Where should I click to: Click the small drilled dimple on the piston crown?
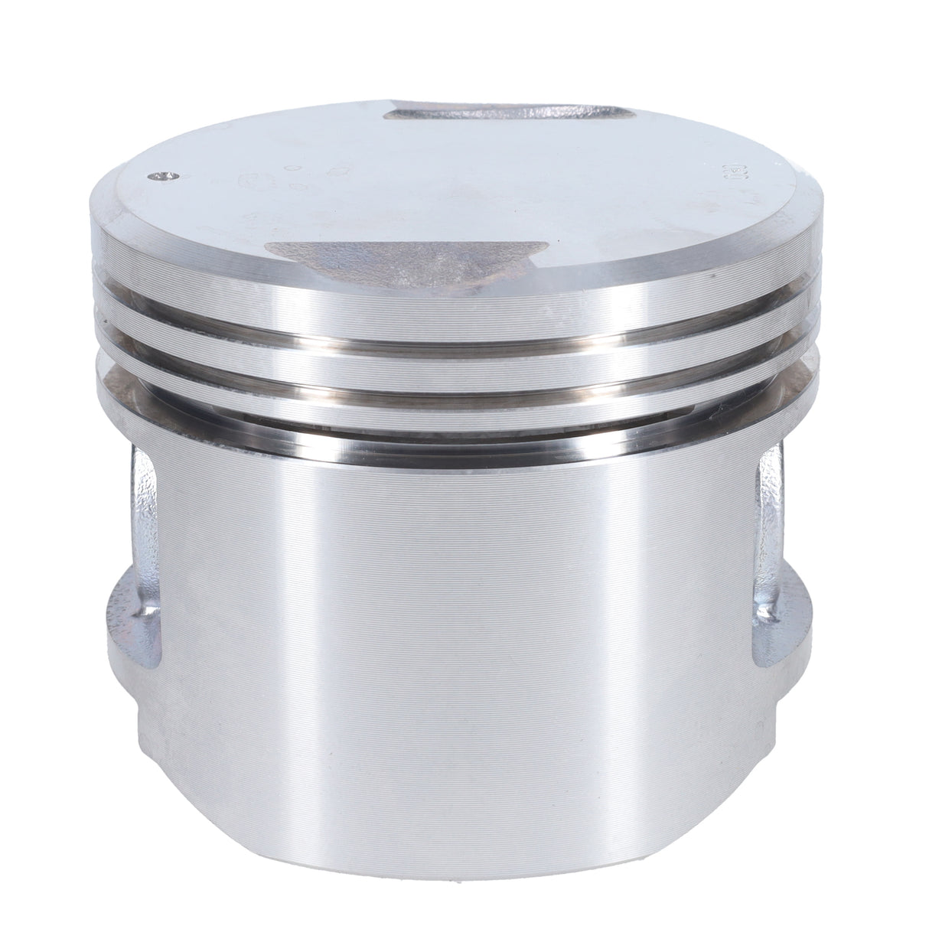(159, 177)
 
